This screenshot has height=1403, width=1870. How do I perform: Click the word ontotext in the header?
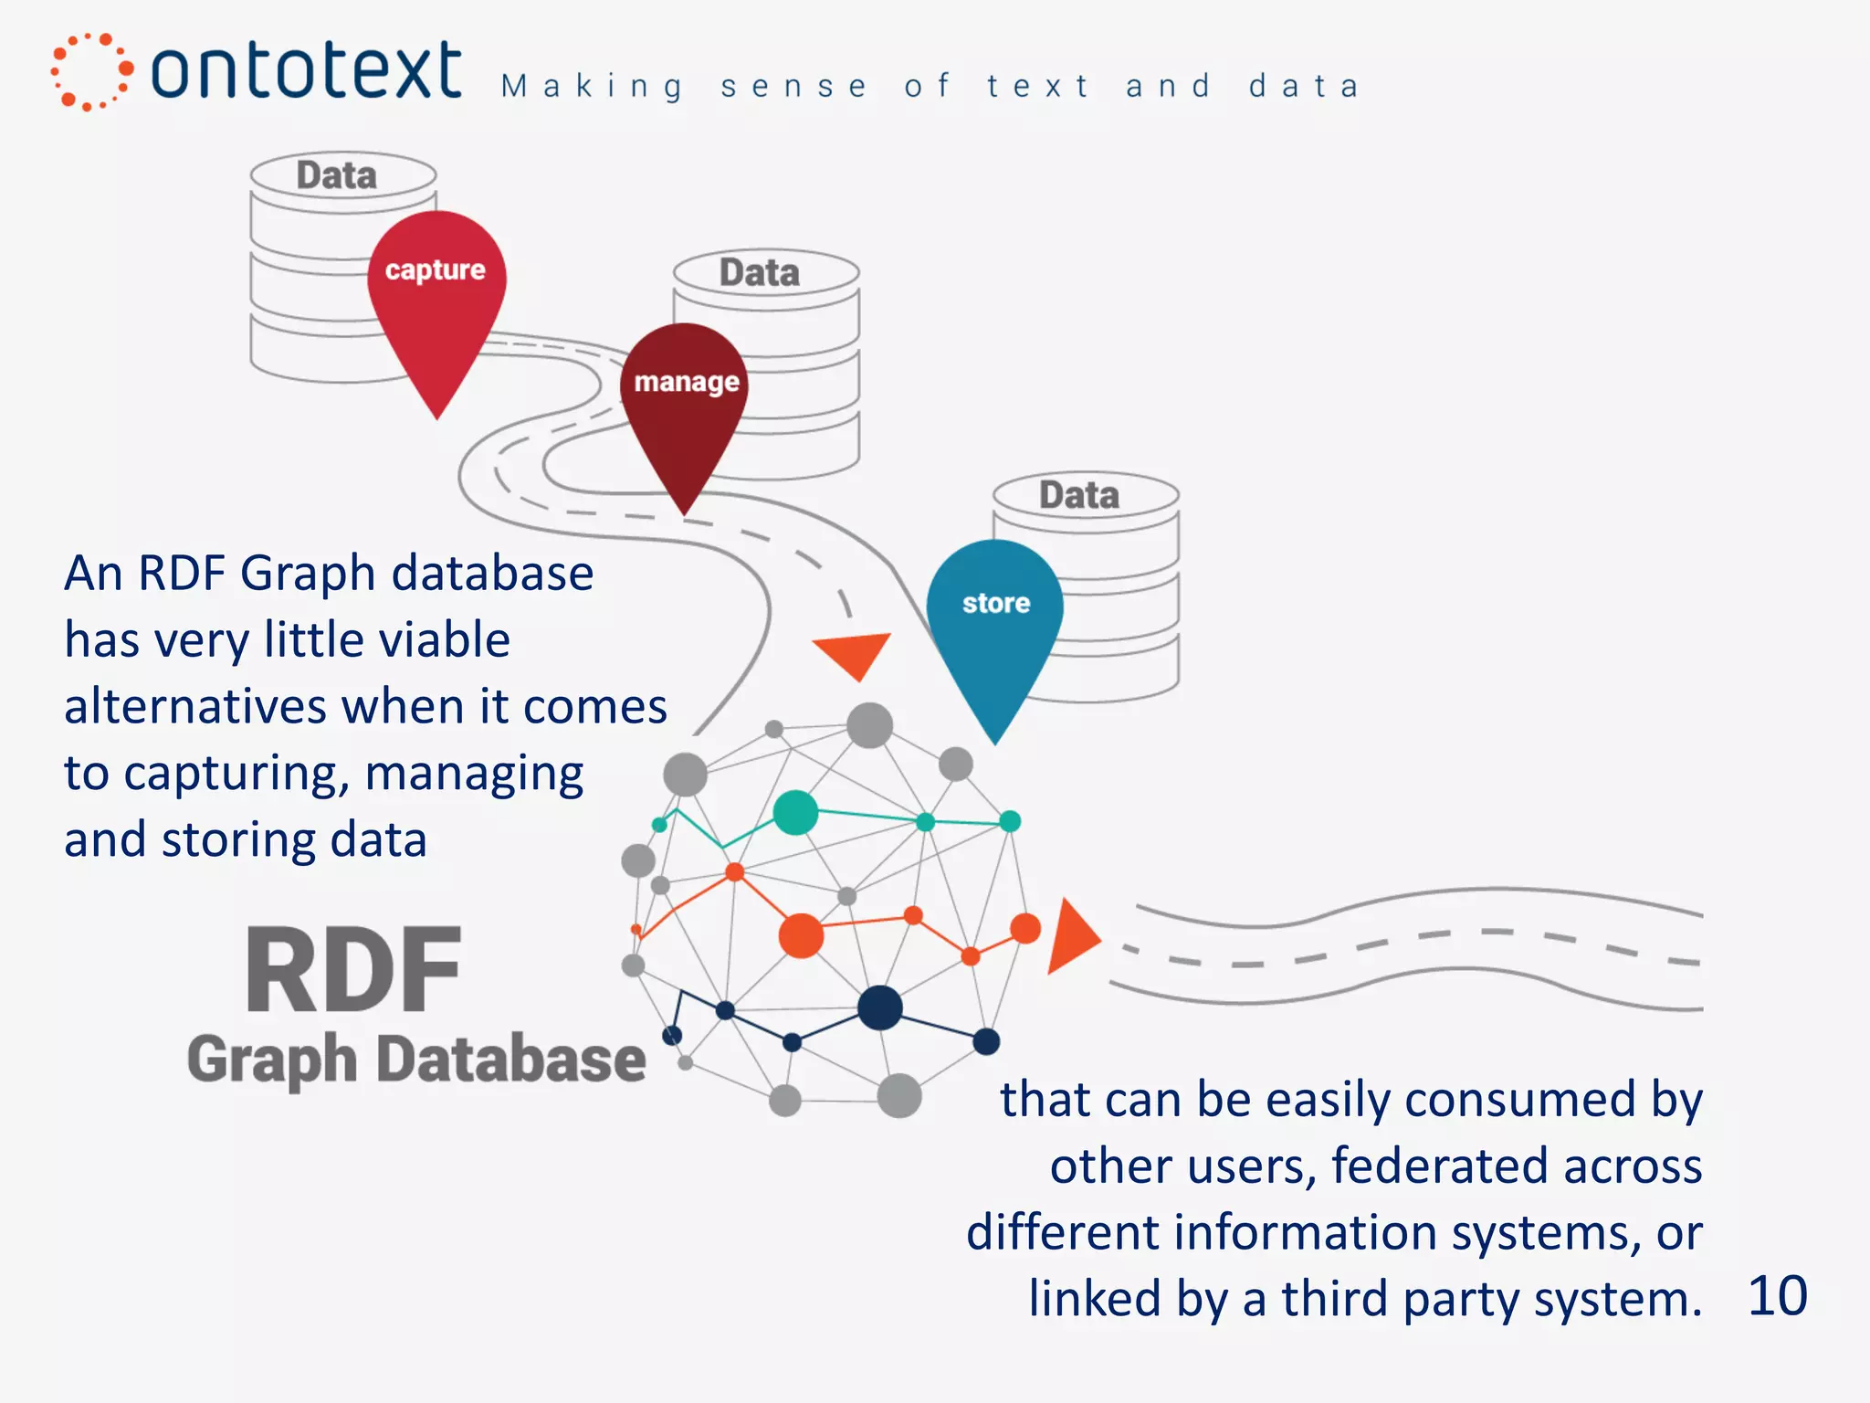click(x=306, y=71)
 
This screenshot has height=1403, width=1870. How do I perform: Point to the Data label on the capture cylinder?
click(x=337, y=175)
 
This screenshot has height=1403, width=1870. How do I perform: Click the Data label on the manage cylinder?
click(x=760, y=273)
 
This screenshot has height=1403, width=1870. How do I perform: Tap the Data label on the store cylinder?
click(x=1079, y=495)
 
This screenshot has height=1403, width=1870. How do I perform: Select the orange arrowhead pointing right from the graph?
click(x=1071, y=936)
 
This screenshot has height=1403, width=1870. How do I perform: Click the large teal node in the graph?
click(x=795, y=812)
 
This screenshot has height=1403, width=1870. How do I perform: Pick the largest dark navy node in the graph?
click(x=880, y=1007)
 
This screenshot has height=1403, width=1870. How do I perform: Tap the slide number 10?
click(x=1777, y=1296)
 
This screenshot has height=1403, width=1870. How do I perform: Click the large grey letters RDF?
click(x=353, y=970)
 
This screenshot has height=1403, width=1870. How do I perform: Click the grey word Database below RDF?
click(x=510, y=1060)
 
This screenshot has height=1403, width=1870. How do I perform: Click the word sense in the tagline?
click(x=793, y=87)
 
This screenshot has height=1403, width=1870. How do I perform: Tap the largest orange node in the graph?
click(x=801, y=935)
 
